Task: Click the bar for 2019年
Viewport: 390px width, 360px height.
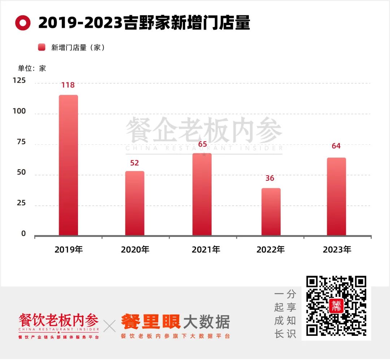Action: [68, 165]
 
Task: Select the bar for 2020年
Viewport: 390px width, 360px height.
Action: [135, 203]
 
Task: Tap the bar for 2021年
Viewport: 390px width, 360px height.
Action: [202, 194]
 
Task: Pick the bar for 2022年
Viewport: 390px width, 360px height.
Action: [271, 212]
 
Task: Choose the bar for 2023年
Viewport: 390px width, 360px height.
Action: [336, 197]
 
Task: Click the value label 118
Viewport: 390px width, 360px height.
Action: [68, 85]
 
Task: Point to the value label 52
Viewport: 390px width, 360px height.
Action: [134, 163]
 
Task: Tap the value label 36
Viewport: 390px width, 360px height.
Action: [270, 178]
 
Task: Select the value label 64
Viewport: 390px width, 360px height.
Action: [336, 146]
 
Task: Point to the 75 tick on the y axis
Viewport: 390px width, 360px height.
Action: [21, 142]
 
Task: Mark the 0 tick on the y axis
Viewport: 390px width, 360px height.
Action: [23, 234]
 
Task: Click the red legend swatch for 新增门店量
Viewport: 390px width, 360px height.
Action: [42, 47]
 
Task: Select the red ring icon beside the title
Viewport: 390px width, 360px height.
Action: [23, 23]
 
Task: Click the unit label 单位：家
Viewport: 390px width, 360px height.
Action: [32, 68]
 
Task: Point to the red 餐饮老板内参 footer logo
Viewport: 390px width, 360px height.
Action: [58, 320]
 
